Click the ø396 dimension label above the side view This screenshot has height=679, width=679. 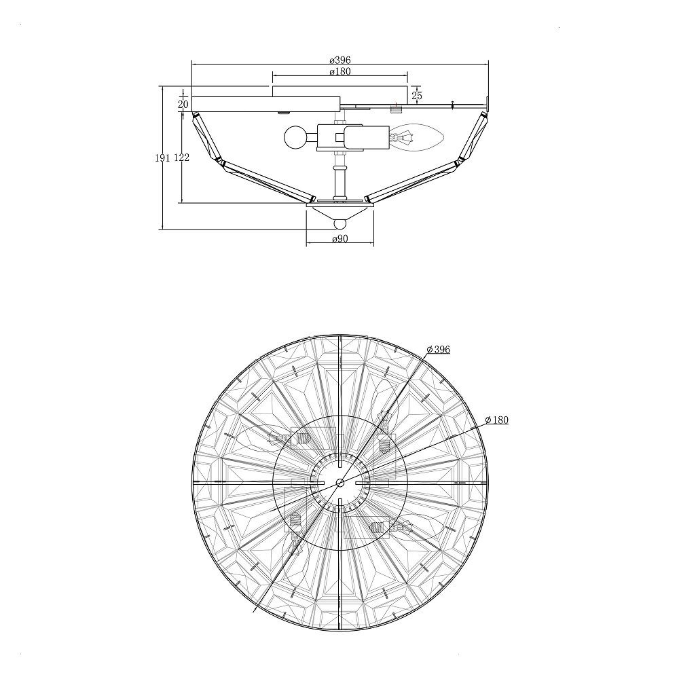pyautogui.click(x=340, y=60)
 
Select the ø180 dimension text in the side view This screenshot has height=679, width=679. pyautogui.click(x=340, y=71)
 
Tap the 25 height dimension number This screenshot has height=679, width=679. pyautogui.click(x=417, y=95)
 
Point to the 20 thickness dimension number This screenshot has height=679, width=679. pyautogui.click(x=183, y=104)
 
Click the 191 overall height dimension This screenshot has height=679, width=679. pyautogui.click(x=162, y=158)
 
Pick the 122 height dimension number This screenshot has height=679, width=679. pyautogui.click(x=181, y=158)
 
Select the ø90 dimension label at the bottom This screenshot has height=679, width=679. pyautogui.click(x=340, y=238)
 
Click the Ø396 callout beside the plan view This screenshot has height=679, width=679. pyautogui.click(x=438, y=350)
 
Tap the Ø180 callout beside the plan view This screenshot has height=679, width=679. pyautogui.click(x=497, y=420)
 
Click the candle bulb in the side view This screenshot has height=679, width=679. pyautogui.click(x=418, y=138)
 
